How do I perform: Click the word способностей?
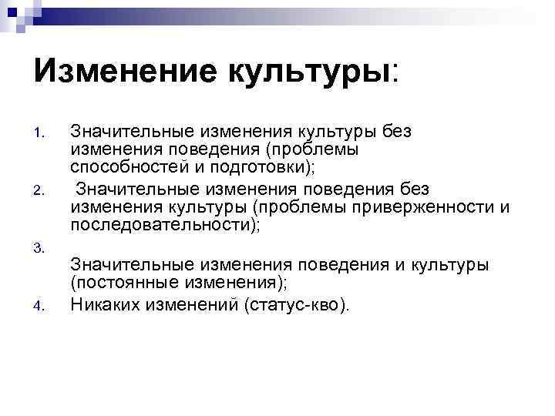pyautogui.click(x=124, y=166)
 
